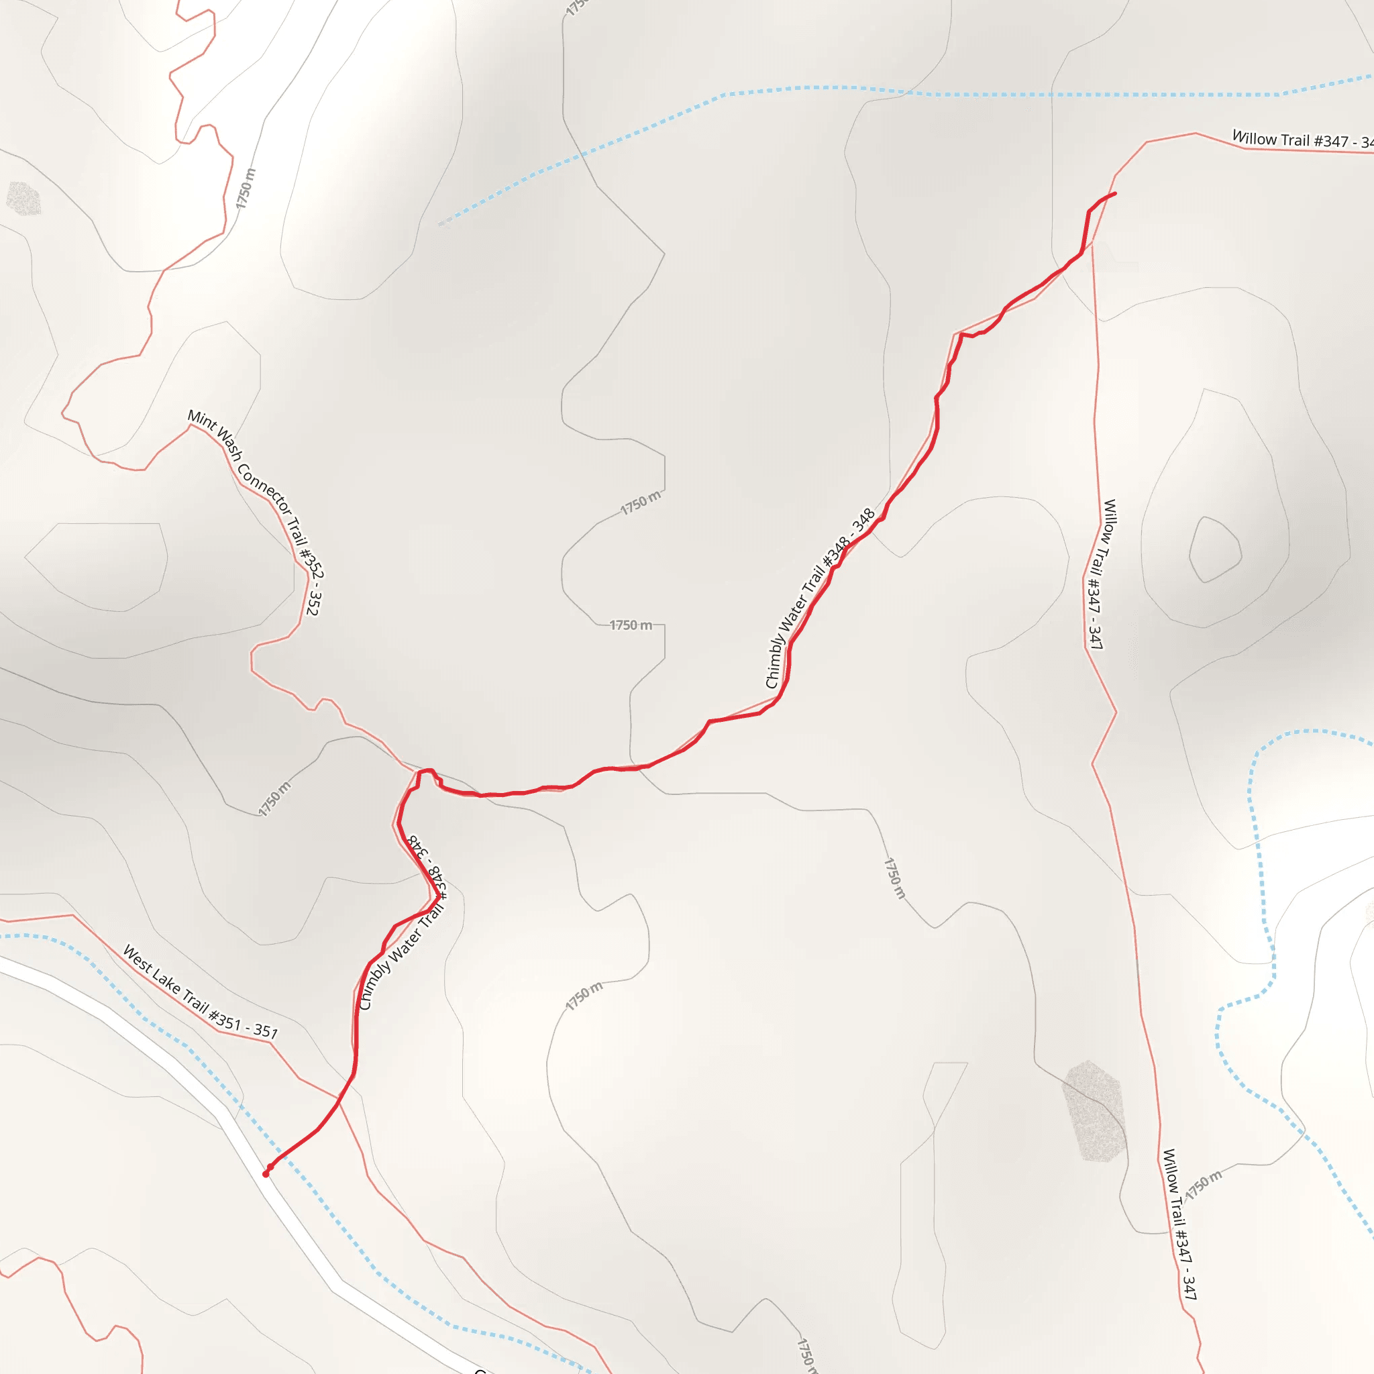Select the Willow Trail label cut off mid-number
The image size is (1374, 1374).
click(x=1302, y=140)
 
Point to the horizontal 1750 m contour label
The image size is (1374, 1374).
click(x=630, y=625)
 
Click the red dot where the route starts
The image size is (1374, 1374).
click(x=266, y=1174)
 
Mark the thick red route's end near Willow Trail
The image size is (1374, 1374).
click(x=1114, y=193)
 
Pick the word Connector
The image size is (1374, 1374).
click(x=264, y=490)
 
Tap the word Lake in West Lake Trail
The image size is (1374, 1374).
click(x=166, y=982)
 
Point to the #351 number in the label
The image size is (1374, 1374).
click(x=225, y=1020)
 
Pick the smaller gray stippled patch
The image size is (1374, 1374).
click(x=23, y=199)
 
